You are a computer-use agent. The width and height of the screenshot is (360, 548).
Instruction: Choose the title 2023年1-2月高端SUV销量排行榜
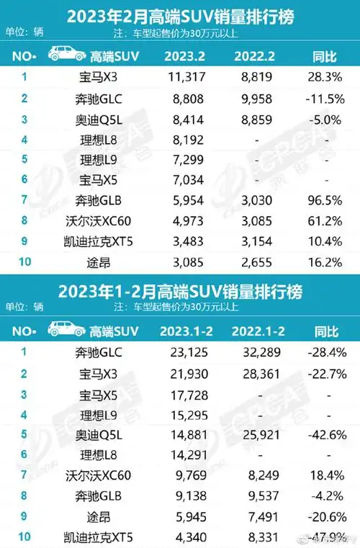pos(180,291)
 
